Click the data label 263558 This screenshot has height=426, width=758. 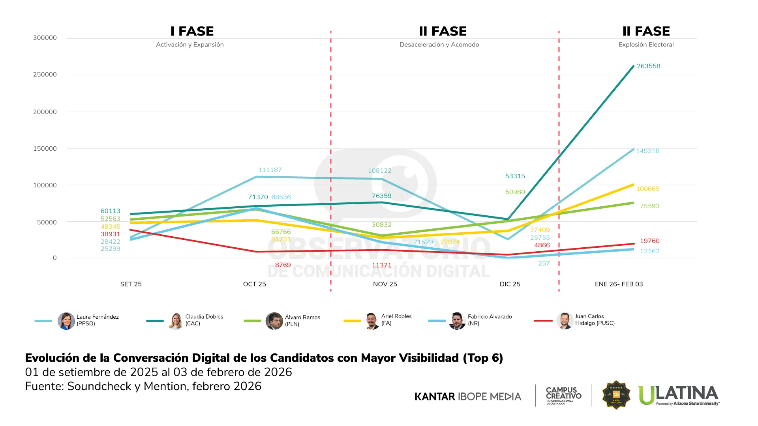(648, 66)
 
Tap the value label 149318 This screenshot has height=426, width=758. (647, 151)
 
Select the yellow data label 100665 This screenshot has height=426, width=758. (647, 189)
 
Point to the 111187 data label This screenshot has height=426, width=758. (270, 170)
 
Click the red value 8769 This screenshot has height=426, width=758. (283, 265)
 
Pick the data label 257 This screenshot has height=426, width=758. (544, 263)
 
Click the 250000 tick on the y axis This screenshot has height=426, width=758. (45, 75)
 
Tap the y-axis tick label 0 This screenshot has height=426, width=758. (54, 258)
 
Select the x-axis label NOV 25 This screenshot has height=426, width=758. (385, 284)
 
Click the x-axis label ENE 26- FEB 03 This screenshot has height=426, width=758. (619, 284)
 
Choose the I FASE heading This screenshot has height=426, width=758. (192, 31)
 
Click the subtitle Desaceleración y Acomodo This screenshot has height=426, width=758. (439, 45)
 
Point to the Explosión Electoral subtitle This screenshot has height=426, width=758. (646, 45)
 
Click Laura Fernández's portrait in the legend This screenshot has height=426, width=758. (66, 321)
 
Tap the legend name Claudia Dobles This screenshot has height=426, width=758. (204, 317)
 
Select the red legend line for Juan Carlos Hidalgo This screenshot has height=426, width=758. (543, 321)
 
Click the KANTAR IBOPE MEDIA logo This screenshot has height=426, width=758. (468, 396)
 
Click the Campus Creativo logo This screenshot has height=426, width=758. (563, 395)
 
